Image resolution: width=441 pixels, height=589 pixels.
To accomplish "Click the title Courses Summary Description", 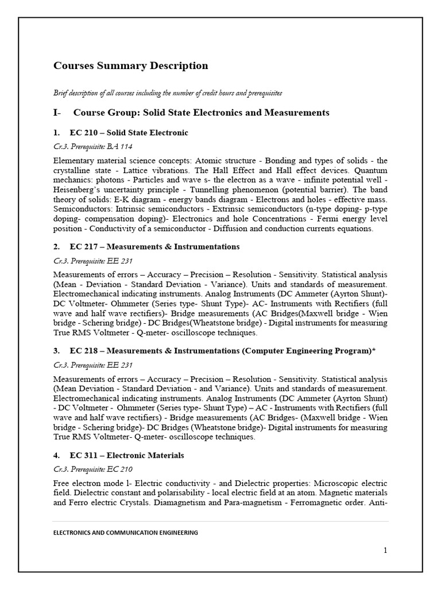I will click(x=130, y=66).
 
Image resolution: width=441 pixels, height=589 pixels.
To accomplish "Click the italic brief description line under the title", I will click(x=167, y=93).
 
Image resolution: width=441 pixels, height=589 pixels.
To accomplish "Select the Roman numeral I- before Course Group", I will click(x=57, y=113).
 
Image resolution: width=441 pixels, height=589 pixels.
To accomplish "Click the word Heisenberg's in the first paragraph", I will click(x=78, y=190).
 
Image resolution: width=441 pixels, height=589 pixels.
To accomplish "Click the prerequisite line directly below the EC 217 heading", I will click(x=93, y=261).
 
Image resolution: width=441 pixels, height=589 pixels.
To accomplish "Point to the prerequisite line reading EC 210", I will click(x=93, y=469).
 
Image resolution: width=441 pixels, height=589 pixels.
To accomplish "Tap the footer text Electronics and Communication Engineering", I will click(x=125, y=533).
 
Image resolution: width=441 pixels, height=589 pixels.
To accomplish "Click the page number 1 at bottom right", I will click(x=385, y=550).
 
